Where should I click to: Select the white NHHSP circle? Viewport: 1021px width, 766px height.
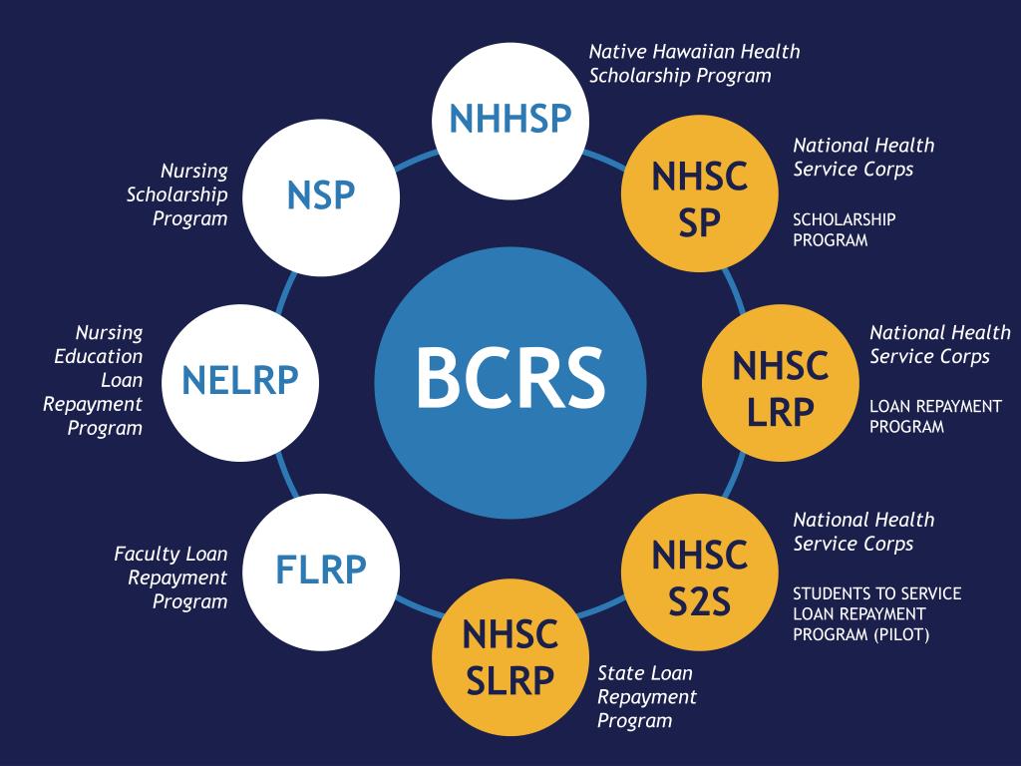(x=510, y=119)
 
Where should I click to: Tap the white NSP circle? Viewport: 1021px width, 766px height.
(x=321, y=196)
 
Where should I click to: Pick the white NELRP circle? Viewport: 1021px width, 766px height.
(x=239, y=382)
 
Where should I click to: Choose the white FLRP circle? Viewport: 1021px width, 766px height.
(x=321, y=571)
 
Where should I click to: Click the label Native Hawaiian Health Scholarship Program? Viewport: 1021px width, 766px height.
(x=694, y=63)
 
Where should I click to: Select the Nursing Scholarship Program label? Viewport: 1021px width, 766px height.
(x=177, y=194)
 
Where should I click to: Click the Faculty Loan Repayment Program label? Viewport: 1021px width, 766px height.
(x=170, y=577)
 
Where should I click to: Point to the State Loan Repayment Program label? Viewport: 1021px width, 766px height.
(x=646, y=696)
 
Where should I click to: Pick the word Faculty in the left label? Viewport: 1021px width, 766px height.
(x=148, y=554)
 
